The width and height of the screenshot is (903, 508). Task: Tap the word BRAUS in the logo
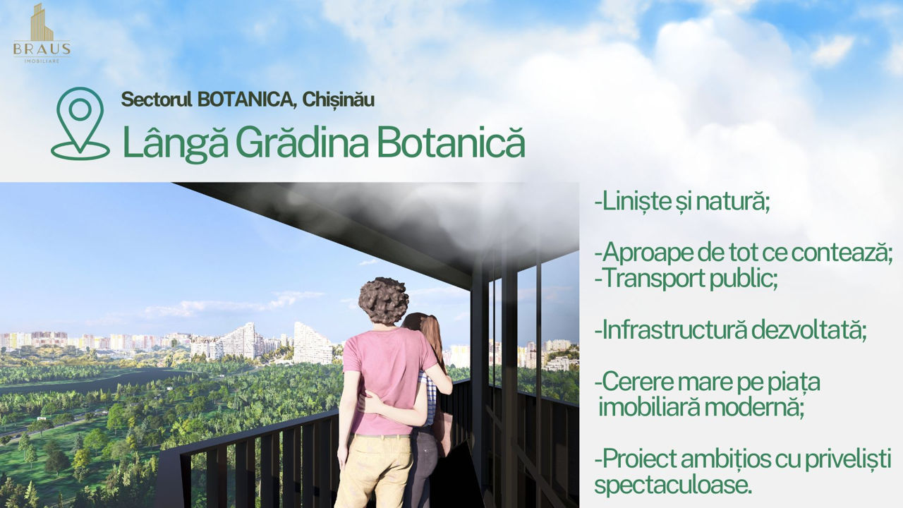(x=42, y=49)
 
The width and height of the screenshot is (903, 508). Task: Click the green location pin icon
(x=80, y=123)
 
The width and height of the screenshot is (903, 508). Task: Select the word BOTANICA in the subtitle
(x=245, y=100)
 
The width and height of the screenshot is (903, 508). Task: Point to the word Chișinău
(x=338, y=100)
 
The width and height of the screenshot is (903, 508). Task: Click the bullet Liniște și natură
(x=682, y=202)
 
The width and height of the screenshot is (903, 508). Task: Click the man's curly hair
(x=383, y=301)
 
